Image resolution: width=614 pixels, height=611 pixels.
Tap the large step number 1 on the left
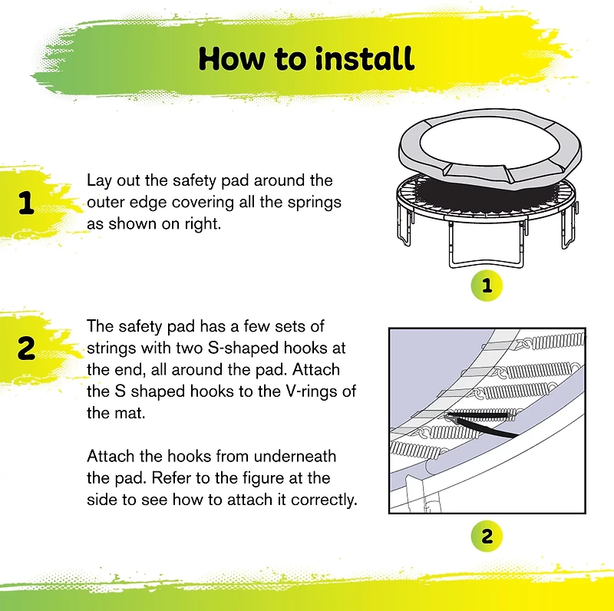pos(26,204)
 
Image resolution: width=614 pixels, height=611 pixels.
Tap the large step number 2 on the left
pos(26,349)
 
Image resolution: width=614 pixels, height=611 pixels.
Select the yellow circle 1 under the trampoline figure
pos(487,286)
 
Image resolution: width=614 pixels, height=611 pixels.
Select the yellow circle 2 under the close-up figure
pos(487,535)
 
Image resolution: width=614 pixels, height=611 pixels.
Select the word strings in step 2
pos(111,348)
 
